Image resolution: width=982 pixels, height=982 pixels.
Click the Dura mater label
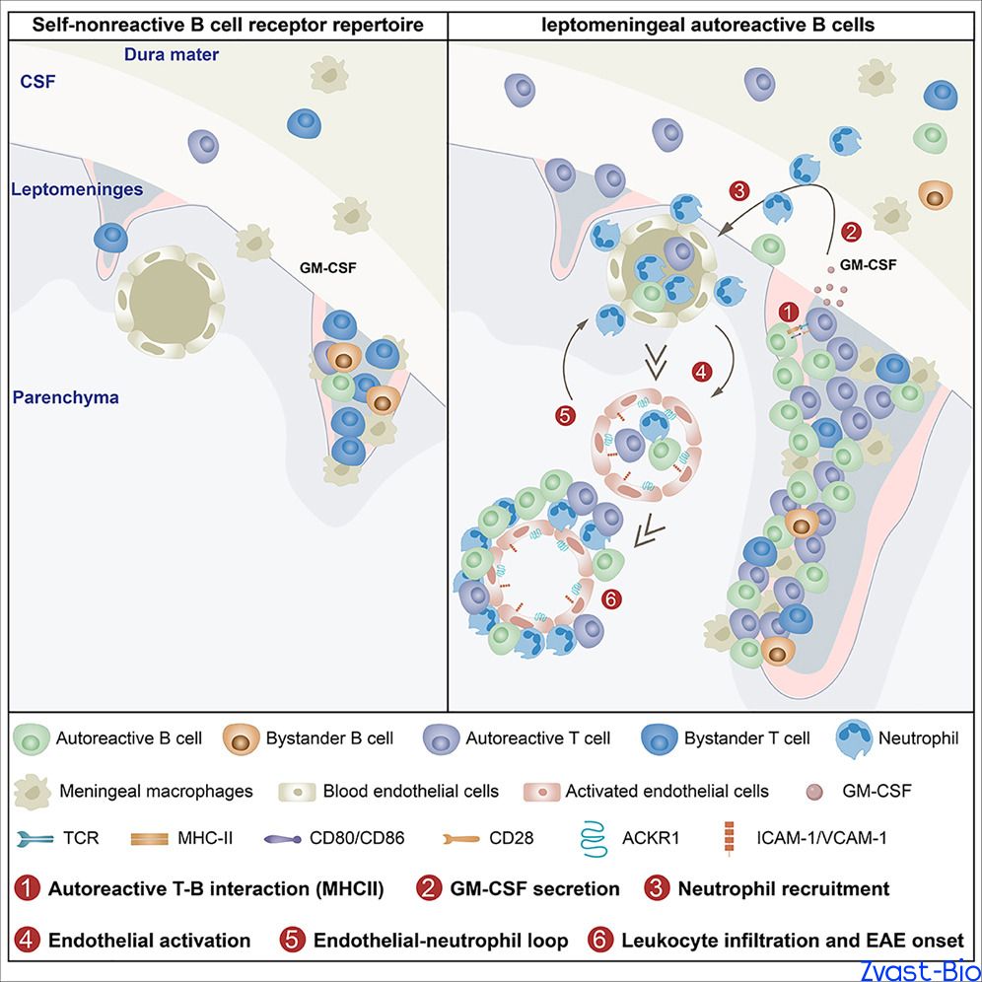172,54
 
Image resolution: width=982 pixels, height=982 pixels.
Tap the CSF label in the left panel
37,82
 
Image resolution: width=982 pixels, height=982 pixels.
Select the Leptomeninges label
77,189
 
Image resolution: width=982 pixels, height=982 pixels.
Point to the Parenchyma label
66,397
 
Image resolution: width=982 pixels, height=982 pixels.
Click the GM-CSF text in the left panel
328,268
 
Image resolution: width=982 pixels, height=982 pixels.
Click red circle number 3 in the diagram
739,190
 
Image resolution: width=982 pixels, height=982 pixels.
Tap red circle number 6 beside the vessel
611,599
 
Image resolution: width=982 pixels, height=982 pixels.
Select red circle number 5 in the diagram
566,416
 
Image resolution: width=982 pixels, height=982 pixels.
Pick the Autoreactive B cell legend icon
32,739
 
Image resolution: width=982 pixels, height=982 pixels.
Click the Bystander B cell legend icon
242,739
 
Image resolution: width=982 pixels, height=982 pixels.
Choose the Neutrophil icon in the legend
854,739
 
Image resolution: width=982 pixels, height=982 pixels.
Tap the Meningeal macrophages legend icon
33,792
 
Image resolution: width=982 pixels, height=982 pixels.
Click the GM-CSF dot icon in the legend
814,792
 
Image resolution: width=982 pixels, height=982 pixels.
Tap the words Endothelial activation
149,941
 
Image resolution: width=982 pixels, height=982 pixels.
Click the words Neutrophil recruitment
784,888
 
